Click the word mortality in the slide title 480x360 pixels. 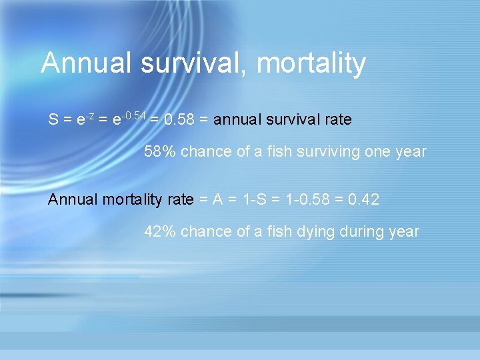coord(311,64)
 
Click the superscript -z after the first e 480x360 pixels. coord(89,116)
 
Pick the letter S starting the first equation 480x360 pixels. coord(53,120)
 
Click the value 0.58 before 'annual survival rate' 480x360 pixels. coord(178,120)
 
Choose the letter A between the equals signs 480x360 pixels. coord(217,199)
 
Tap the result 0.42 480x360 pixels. coord(365,199)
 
